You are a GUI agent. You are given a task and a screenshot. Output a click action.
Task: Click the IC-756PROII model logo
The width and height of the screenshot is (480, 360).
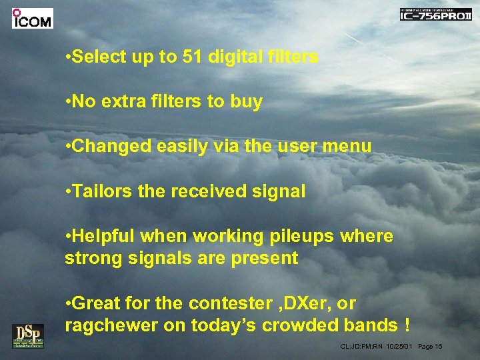pos(435,15)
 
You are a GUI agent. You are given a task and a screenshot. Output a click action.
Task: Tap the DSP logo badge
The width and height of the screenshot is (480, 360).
pos(27,335)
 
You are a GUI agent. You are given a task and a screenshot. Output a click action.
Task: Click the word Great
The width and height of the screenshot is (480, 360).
pos(96,303)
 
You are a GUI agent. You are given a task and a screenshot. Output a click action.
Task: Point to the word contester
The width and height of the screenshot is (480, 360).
pos(231,303)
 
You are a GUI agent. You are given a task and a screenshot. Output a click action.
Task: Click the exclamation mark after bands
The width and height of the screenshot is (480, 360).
pos(406,325)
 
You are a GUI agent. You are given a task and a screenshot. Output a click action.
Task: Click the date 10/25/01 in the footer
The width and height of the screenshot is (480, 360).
pos(399,347)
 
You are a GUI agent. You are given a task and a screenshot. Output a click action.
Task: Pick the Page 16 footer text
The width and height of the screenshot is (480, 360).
pos(431,347)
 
